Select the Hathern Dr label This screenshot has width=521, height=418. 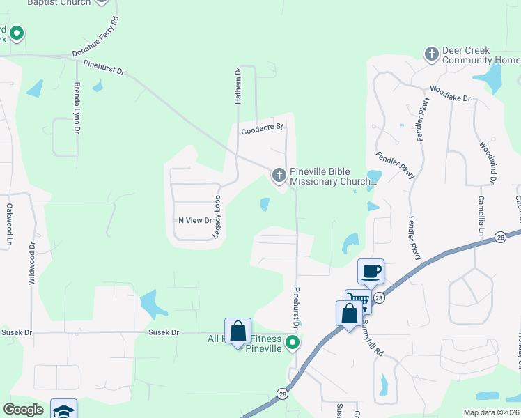(x=238, y=86)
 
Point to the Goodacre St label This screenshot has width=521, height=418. (x=262, y=129)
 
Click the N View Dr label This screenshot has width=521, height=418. (x=195, y=220)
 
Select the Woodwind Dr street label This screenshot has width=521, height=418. (x=486, y=162)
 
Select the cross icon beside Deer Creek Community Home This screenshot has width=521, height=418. (x=432, y=54)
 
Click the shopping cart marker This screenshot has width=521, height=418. (x=358, y=300)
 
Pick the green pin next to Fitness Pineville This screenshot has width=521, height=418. (x=293, y=342)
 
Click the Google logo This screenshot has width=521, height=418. (x=24, y=410)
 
